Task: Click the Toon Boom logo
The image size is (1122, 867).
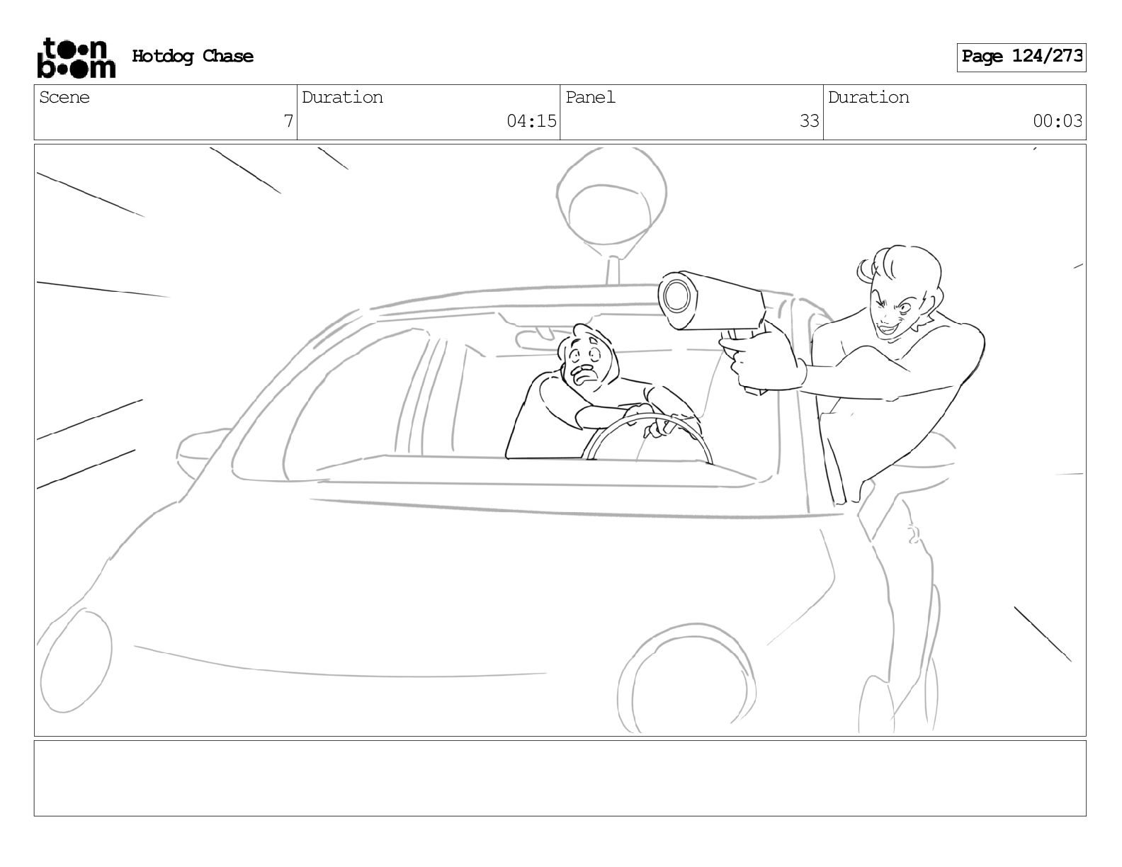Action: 76,57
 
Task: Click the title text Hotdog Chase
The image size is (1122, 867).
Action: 193,56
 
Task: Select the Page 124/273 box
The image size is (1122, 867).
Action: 1021,57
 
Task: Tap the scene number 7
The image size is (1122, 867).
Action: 288,121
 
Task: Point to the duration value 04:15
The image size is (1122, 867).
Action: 531,121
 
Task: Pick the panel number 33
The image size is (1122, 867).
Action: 809,121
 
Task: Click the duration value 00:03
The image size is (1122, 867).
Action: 1057,121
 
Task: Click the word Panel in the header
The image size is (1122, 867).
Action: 590,97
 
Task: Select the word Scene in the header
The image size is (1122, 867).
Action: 64,97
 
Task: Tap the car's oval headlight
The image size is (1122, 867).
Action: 75,661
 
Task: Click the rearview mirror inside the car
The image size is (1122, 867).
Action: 537,339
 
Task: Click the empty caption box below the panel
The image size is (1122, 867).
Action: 560,778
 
